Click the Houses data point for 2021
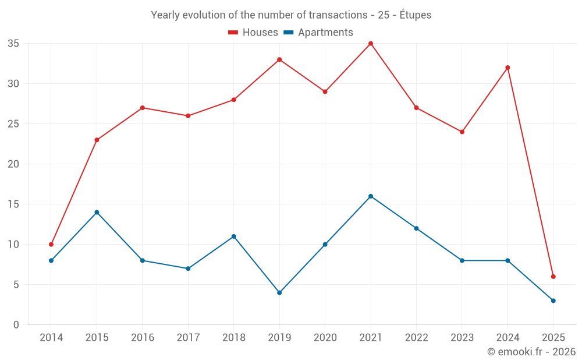click(371, 44)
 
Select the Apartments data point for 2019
click(279, 292)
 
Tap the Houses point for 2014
click(51, 245)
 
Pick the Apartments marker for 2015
click(97, 212)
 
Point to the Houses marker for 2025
click(553, 277)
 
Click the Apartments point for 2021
click(371, 196)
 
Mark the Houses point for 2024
click(508, 68)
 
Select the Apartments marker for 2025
click(553, 301)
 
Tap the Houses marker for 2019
click(279, 59)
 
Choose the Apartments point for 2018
click(233, 236)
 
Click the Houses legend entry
click(253, 33)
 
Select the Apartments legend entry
click(318, 33)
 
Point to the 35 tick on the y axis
click(13, 44)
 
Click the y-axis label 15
click(13, 204)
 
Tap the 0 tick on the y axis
click(16, 325)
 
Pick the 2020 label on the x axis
click(325, 338)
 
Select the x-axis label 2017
click(188, 338)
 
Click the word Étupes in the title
click(416, 15)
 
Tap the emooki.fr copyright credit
click(531, 352)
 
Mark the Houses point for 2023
click(462, 132)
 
